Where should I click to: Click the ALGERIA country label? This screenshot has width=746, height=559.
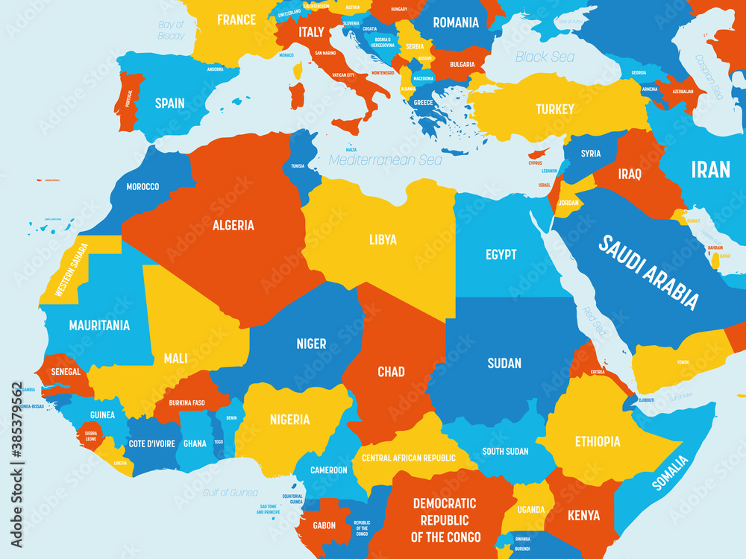pyautogui.click(x=233, y=225)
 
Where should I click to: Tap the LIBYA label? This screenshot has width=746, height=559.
pyautogui.click(x=383, y=240)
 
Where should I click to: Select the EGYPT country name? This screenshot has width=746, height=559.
pyautogui.click(x=501, y=255)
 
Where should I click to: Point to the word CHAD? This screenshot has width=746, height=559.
pyautogui.click(x=391, y=371)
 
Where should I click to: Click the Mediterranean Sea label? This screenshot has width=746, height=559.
pyautogui.click(x=386, y=160)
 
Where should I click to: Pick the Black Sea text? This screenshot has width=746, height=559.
pyautogui.click(x=545, y=57)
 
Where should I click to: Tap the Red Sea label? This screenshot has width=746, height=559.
pyautogui.click(x=595, y=318)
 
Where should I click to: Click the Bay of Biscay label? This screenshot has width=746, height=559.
pyautogui.click(x=171, y=30)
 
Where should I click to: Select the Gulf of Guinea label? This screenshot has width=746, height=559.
pyautogui.click(x=231, y=493)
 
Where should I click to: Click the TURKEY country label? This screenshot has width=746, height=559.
pyautogui.click(x=555, y=110)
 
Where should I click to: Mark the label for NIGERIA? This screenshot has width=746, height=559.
pyautogui.click(x=289, y=420)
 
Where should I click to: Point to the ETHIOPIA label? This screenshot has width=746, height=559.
pyautogui.click(x=597, y=441)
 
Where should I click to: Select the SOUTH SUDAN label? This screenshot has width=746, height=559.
pyautogui.click(x=505, y=451)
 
